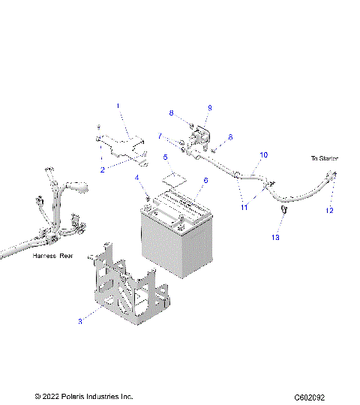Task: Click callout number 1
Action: pos(118,106)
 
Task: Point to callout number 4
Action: pos(137,177)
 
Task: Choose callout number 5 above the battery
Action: pos(166,157)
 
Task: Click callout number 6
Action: pos(203,181)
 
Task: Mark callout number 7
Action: pos(160,136)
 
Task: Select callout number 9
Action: pos(209,108)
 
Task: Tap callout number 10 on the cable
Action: pos(263,155)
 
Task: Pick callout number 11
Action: pos(244,207)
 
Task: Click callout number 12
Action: pos(329,211)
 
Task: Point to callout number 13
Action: pos(274,237)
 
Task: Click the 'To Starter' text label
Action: pos(325,158)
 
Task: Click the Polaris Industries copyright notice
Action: pos(83,396)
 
